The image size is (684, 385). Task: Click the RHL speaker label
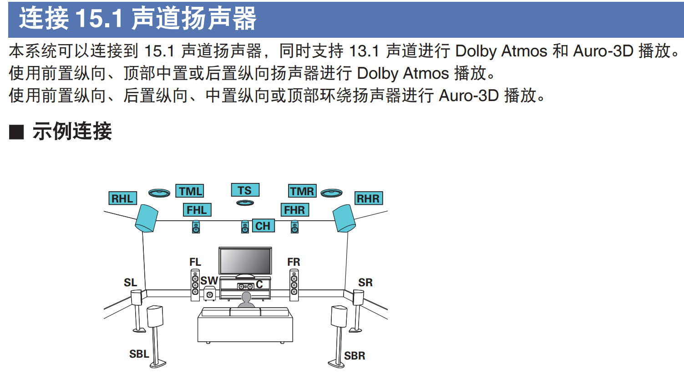tap(122, 198)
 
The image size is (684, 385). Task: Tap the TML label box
tap(189, 191)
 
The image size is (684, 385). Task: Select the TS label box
tap(245, 190)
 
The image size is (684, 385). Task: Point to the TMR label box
tap(302, 191)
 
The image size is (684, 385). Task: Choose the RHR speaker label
tap(368, 198)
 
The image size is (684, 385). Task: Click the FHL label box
tap(197, 210)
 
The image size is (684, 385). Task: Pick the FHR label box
tap(294, 210)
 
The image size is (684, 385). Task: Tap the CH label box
tap(263, 226)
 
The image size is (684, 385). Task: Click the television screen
tap(245, 261)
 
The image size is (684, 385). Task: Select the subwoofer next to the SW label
tap(209, 294)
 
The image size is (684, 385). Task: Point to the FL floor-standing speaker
tap(195, 285)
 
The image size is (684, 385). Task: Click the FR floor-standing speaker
tap(294, 285)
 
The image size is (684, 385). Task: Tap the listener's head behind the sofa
tap(246, 298)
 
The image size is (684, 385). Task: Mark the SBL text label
tap(139, 354)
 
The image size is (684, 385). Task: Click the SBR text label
tap(355, 356)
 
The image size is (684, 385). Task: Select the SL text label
tap(130, 283)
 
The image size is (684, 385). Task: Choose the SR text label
tap(365, 283)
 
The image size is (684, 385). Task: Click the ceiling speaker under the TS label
tap(245, 203)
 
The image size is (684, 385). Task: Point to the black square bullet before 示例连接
tap(16, 132)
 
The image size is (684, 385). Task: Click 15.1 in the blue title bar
tap(99, 19)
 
